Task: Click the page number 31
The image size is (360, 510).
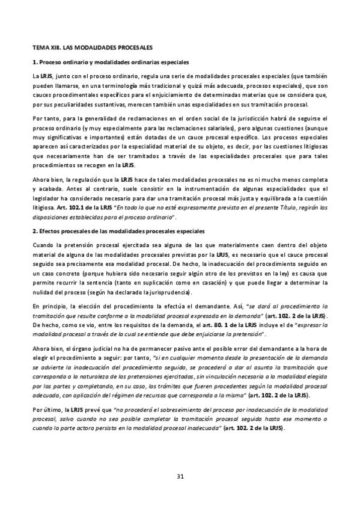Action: tap(180, 478)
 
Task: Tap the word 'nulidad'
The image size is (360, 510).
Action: tap(46, 292)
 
